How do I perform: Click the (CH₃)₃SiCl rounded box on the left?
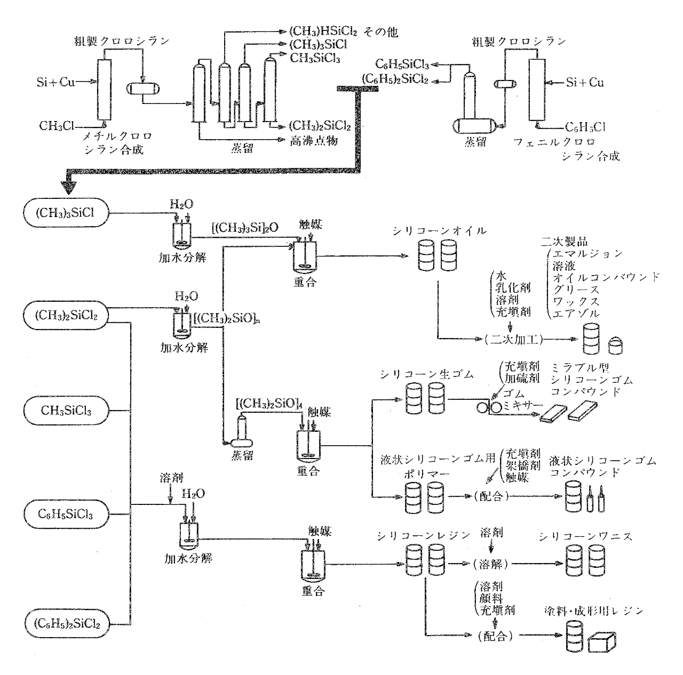click(66, 213)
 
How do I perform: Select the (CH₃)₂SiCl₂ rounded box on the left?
click(66, 315)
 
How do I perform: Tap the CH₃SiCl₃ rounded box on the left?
click(66, 411)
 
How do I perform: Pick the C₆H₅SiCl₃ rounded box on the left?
click(66, 514)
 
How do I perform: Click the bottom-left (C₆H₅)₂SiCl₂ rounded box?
click(67, 624)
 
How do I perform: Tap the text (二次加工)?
click(514, 340)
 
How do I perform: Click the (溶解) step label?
click(490, 564)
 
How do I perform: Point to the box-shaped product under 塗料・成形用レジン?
click(602, 642)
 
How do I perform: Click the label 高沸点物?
click(314, 141)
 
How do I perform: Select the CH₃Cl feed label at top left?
click(57, 126)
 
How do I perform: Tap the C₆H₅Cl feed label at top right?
click(585, 127)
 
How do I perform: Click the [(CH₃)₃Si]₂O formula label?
click(245, 228)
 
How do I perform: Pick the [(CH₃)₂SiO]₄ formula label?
click(269, 403)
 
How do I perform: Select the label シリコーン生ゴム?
click(427, 374)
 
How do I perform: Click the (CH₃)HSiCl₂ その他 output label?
click(344, 32)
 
